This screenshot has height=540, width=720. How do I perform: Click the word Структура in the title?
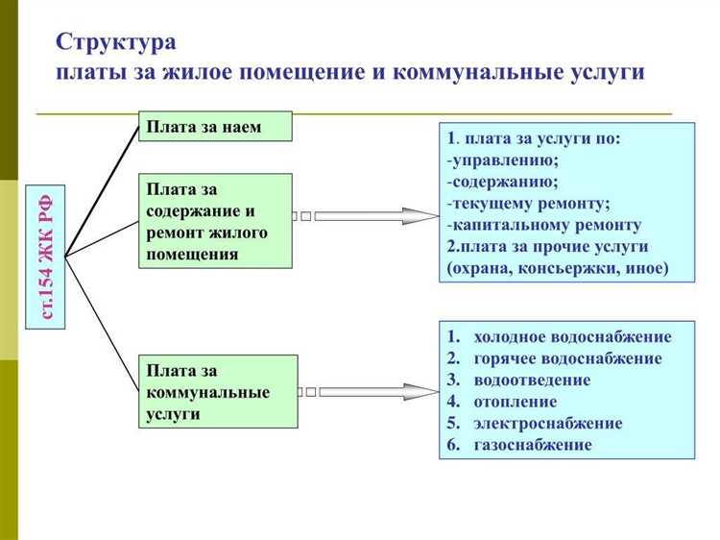tap(116, 42)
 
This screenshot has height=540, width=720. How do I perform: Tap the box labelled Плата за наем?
tap(215, 126)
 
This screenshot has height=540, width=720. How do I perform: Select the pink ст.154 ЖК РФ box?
tap(46, 257)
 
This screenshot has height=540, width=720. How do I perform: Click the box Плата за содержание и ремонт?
tap(215, 220)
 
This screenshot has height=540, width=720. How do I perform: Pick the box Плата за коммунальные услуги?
tap(218, 392)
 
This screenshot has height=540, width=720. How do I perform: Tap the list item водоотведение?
tap(532, 380)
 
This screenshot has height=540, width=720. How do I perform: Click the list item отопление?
tap(515, 402)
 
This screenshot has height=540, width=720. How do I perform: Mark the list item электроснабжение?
tap(547, 423)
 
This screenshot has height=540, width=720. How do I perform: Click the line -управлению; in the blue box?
tap(503, 160)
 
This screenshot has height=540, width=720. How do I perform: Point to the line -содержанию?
tap(502, 182)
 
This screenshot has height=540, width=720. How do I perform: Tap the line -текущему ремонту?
tap(528, 203)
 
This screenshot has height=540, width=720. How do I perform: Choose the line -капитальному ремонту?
tap(543, 225)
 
